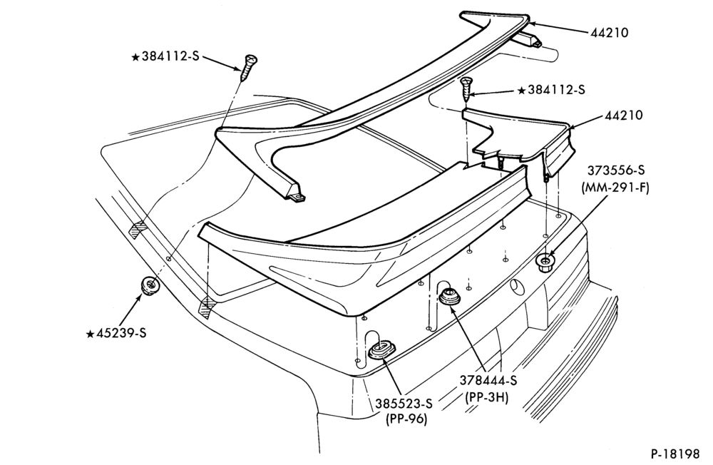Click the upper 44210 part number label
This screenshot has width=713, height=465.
click(x=610, y=33)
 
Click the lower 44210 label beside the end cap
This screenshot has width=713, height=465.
click(x=623, y=115)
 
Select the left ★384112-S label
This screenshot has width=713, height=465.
click(x=165, y=57)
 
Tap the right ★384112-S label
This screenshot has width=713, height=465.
click(x=552, y=90)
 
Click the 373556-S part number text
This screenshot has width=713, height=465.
click(x=616, y=170)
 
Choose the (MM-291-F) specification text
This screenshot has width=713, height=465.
click(x=615, y=188)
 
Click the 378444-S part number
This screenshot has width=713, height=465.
click(x=488, y=380)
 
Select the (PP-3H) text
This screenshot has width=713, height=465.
click(x=486, y=397)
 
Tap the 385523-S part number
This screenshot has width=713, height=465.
click(x=404, y=403)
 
